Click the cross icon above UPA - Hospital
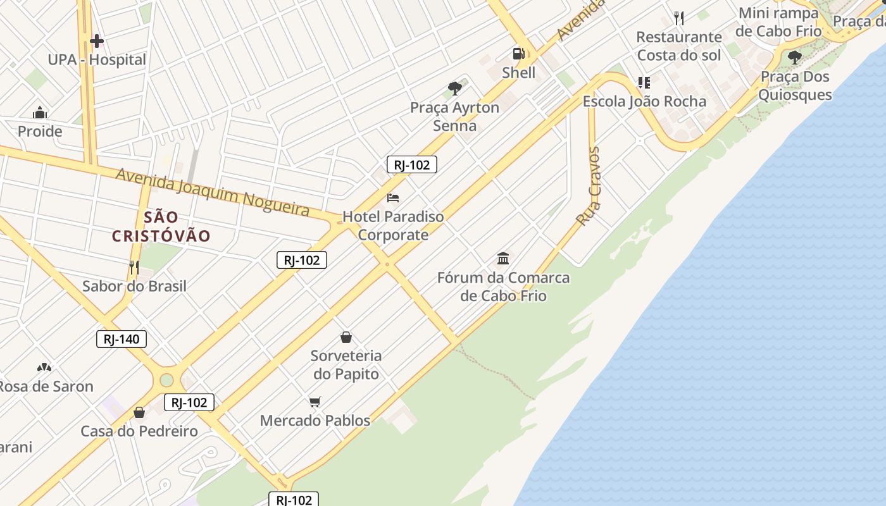coord(96,42)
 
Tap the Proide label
coord(40,132)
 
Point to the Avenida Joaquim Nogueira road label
coord(212,192)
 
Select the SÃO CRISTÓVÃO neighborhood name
coord(161,227)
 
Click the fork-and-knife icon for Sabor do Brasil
coord(134,268)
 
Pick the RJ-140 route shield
coord(122,339)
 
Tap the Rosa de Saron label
coord(46,386)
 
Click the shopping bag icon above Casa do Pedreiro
coord(139,413)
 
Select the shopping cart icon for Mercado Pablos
coord(315,402)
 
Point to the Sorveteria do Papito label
coord(346,365)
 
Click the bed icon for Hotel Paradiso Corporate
coord(393,198)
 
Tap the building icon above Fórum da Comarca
coord(504,259)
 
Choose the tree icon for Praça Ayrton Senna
coord(454,89)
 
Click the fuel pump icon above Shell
coord(518,54)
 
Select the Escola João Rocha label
coord(644,101)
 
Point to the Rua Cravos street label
coord(589,187)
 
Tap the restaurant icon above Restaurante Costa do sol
coord(679,18)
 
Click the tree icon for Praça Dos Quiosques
coord(795,58)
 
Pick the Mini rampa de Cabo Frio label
coord(778,22)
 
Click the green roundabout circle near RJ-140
coord(166,380)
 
